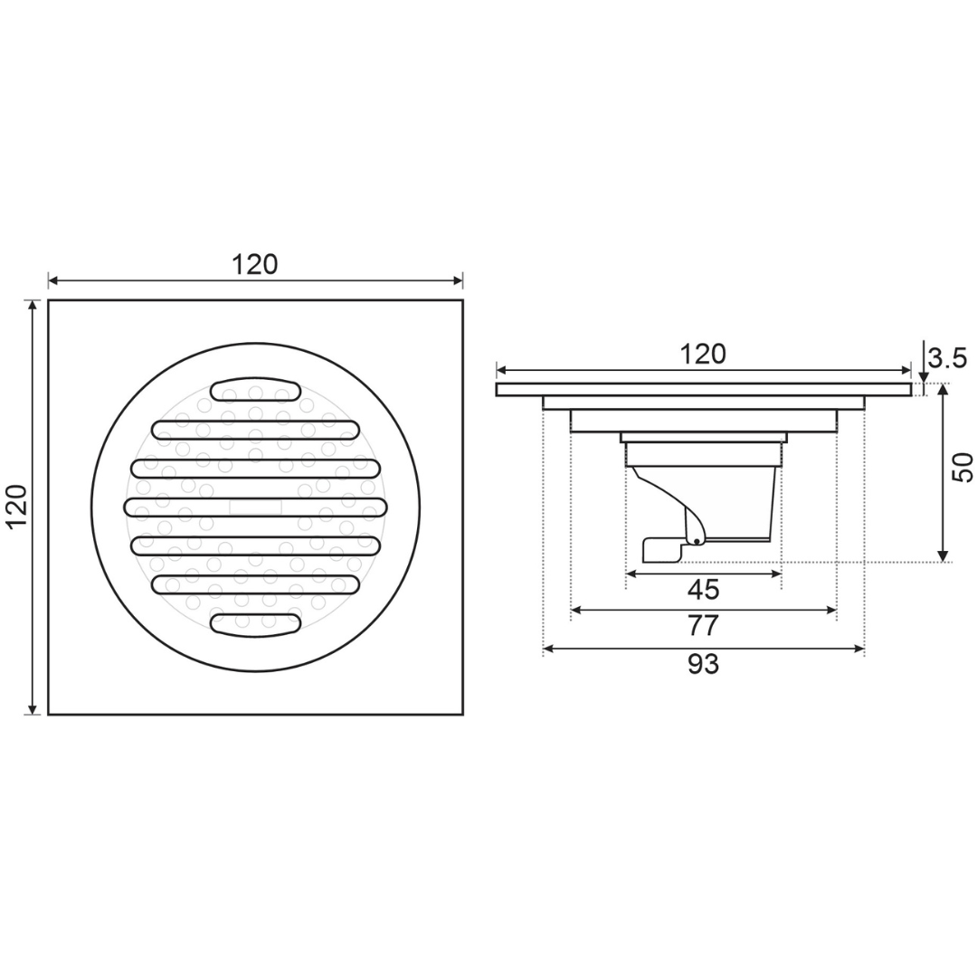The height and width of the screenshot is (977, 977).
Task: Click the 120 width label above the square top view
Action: tap(255, 264)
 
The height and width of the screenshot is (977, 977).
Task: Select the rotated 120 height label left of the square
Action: tap(17, 507)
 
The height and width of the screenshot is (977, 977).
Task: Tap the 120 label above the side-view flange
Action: tap(703, 354)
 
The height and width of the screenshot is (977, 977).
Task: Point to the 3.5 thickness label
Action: tap(947, 358)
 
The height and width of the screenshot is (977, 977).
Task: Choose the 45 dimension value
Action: tap(703, 590)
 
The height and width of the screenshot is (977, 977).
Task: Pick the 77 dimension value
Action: tap(703, 625)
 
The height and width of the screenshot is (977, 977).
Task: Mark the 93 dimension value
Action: tap(703, 664)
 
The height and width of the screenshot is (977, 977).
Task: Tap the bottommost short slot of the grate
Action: tap(255, 623)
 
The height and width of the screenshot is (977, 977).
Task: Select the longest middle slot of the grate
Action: tap(255, 507)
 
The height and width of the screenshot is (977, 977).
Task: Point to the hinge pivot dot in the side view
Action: tap(697, 541)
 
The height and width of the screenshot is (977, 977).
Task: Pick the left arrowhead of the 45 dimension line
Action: tap(631, 574)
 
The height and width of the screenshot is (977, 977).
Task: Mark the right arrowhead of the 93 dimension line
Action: tap(859, 649)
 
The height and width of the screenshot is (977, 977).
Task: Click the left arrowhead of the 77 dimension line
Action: tap(576, 611)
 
